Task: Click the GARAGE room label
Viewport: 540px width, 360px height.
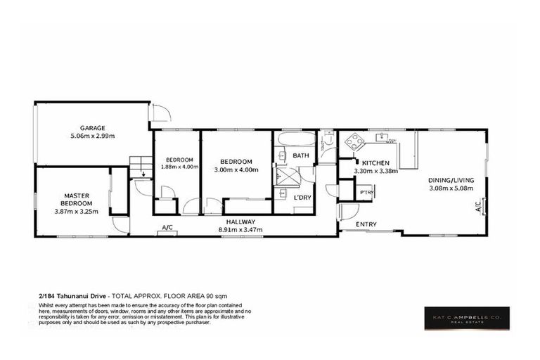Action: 92,128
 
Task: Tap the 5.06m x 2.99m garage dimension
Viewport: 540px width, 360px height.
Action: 92,136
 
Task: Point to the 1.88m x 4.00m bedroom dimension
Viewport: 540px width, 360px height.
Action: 175,167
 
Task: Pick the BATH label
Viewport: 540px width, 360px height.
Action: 301,155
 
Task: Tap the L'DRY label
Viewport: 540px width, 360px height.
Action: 302,197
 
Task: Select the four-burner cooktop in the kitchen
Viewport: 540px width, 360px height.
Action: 353,144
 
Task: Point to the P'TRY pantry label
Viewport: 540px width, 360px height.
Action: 366,192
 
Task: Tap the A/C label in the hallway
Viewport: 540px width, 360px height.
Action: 168,228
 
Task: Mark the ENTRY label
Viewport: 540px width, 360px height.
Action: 366,224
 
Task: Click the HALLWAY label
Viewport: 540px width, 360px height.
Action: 240,221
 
